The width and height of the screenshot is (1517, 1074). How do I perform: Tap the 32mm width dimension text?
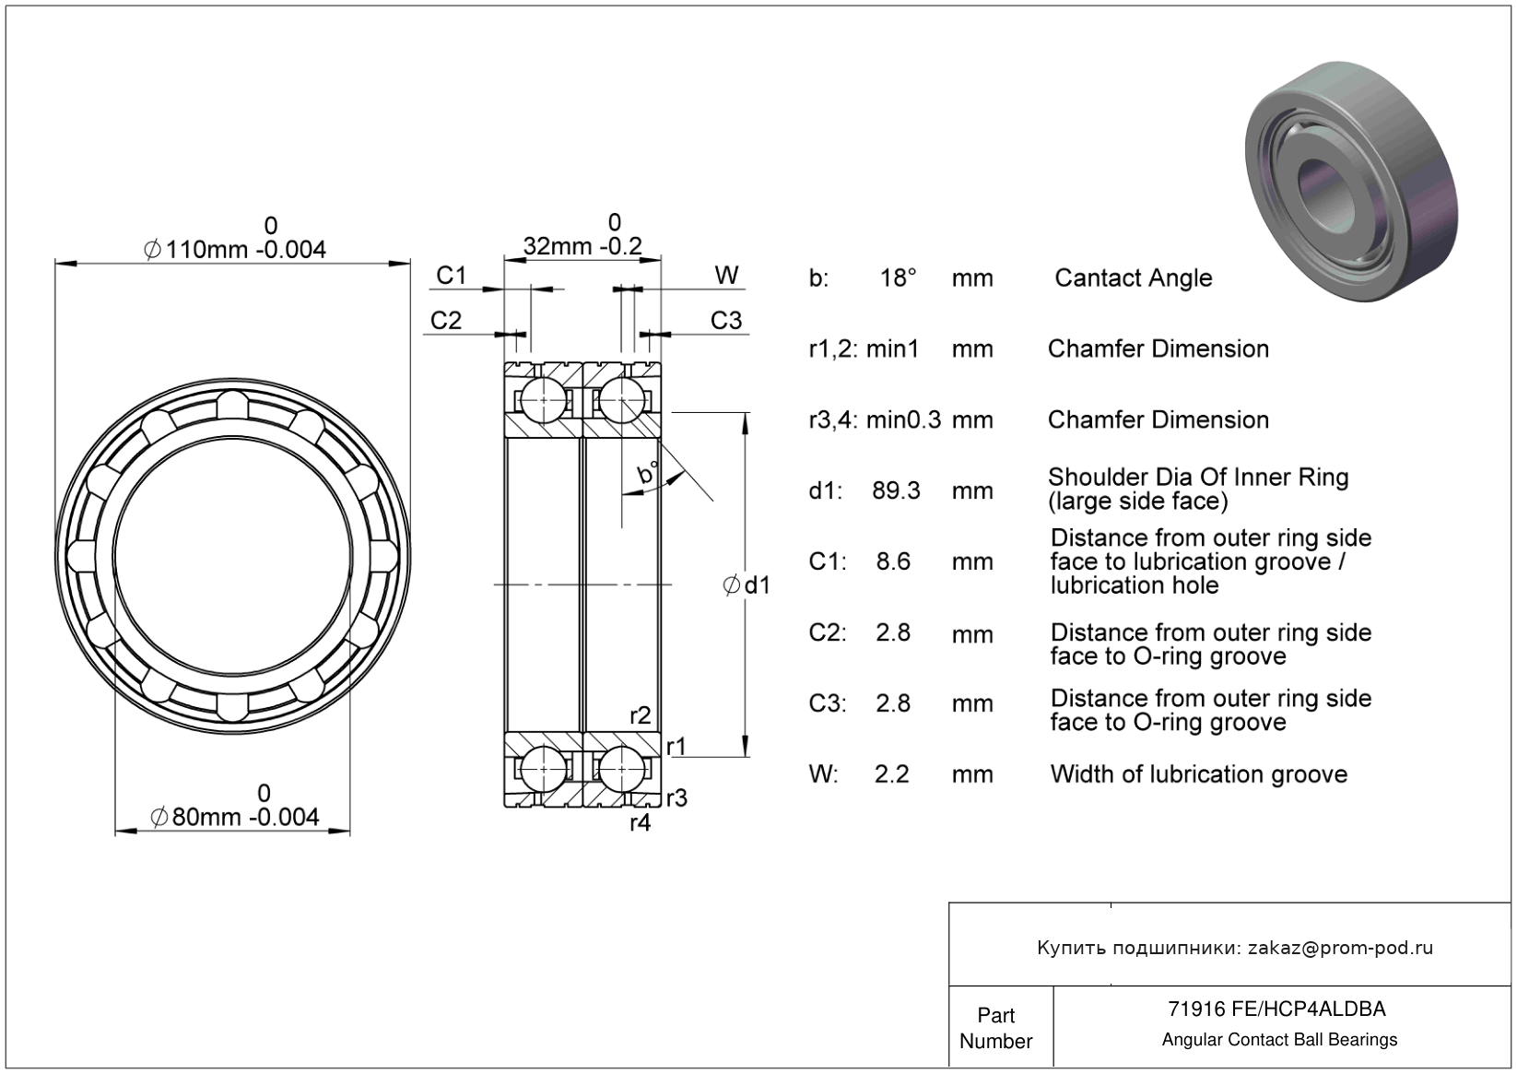(582, 246)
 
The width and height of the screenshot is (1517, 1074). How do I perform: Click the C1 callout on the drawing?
(451, 275)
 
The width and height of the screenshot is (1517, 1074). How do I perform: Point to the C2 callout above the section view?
(445, 320)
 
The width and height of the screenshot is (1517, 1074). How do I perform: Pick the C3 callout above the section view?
(725, 320)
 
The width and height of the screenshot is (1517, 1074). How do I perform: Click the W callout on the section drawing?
(726, 275)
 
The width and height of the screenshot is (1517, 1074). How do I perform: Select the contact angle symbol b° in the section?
(648, 474)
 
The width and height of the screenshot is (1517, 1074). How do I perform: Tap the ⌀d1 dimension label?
(747, 584)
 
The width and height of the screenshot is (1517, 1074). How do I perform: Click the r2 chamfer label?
(640, 715)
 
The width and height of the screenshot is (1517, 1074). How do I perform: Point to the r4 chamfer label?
(640, 823)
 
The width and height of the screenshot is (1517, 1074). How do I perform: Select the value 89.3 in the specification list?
(896, 490)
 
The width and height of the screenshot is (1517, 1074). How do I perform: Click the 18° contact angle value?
(898, 277)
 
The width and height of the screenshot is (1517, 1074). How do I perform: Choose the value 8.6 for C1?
(893, 561)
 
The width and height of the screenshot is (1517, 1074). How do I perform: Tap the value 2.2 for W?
(891, 774)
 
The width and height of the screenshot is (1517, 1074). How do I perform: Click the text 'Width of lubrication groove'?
(1198, 774)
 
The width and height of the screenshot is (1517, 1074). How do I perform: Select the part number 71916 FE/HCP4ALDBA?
(1276, 1009)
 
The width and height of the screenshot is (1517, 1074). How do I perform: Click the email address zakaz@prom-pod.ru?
(1340, 948)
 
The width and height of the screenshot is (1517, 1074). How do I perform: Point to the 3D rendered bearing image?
(1351, 181)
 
